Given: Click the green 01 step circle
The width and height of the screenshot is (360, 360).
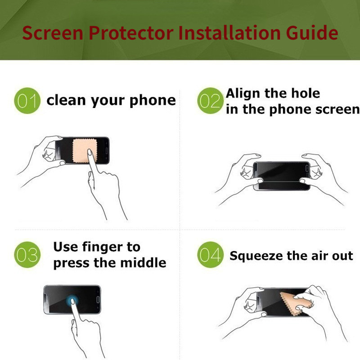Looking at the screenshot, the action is click(x=27, y=100).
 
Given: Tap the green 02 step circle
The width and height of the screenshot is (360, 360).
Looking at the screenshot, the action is click(x=210, y=100).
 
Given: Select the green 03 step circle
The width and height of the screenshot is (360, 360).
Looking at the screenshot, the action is click(x=27, y=255).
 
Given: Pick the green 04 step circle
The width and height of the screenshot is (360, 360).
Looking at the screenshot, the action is click(x=210, y=255).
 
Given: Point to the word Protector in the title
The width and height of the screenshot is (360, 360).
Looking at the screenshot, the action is click(x=131, y=32).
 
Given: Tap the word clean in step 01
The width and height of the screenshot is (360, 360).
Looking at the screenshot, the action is click(x=66, y=100).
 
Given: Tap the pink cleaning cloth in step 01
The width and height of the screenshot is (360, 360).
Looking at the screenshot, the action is click(x=85, y=151).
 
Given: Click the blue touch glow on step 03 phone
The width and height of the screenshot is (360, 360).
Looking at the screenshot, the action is click(x=72, y=300).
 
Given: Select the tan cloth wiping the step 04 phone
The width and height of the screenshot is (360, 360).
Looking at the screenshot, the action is click(x=296, y=303).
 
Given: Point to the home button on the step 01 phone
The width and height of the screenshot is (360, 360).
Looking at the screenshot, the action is click(x=107, y=151).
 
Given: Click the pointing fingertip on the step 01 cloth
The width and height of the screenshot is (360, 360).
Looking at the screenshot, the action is click(x=90, y=152).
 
